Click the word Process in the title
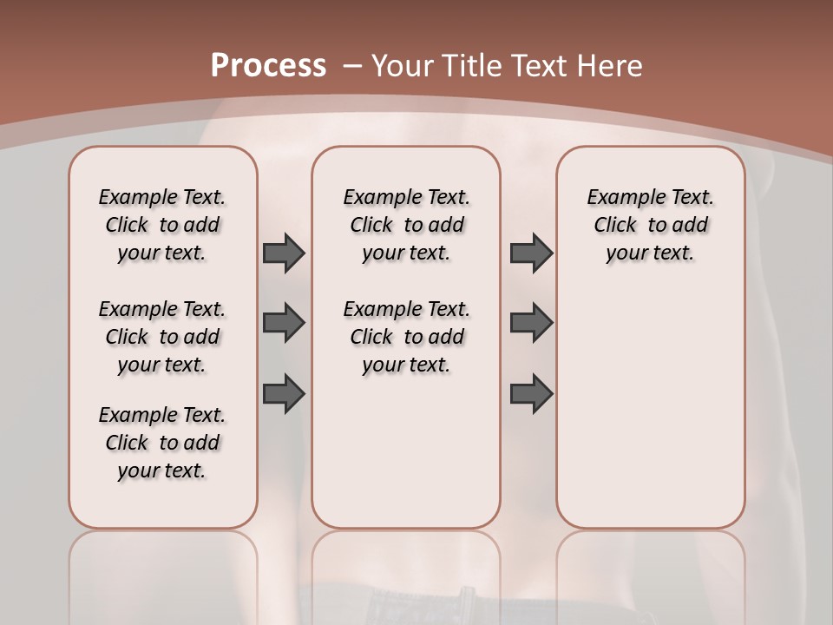click(x=268, y=66)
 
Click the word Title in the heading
click(x=471, y=66)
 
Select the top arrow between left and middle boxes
click(x=284, y=253)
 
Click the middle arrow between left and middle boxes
click(x=284, y=323)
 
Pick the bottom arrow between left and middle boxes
click(x=284, y=394)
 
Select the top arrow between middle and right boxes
click(x=531, y=253)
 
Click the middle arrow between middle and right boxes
click(x=531, y=323)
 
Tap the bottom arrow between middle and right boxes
click(x=531, y=394)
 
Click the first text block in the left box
click(x=162, y=225)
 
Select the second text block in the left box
click(x=162, y=337)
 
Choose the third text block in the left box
click(x=162, y=443)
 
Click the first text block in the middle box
click(x=406, y=225)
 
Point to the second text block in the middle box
click(x=406, y=337)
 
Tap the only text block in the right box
click(x=650, y=225)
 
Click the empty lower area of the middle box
click(x=406, y=451)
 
